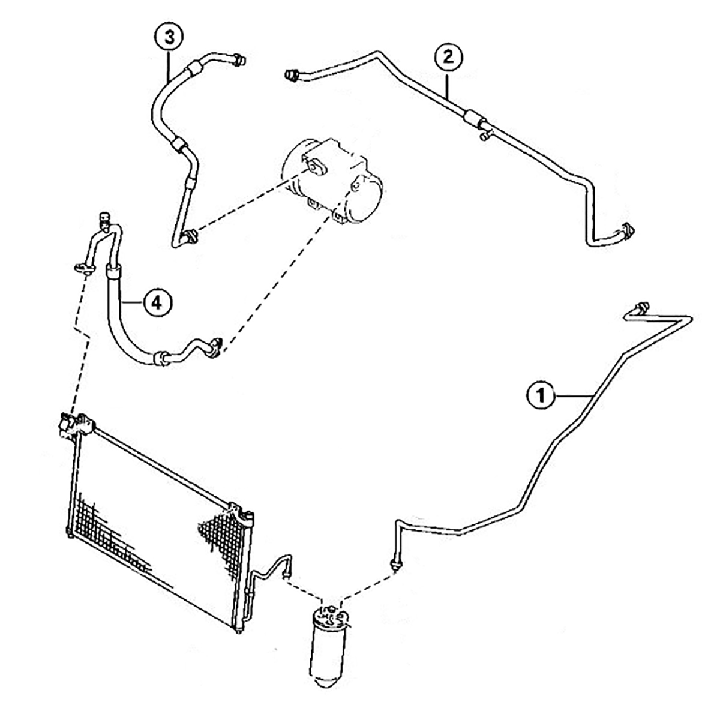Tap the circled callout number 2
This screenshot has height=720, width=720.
(448, 58)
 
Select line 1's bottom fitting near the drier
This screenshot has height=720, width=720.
(394, 561)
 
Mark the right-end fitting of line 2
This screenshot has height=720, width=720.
(628, 230)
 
